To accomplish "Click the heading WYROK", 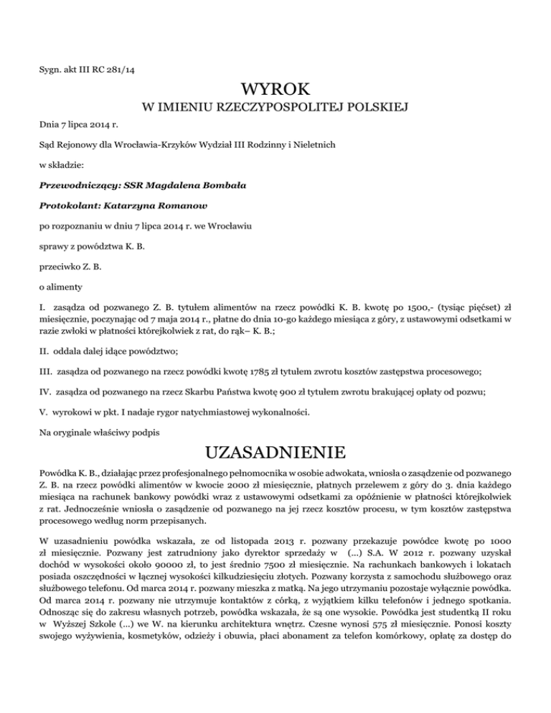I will pos(275,91).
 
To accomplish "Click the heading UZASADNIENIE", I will pos(275,454).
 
